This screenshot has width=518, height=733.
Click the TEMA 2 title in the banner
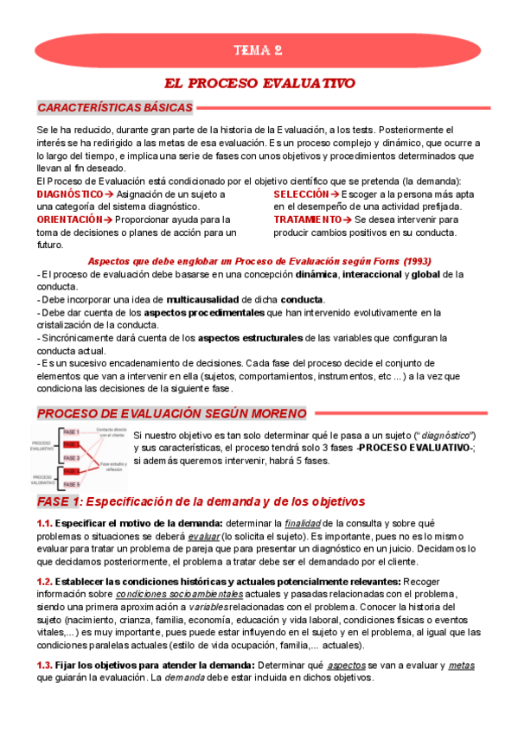(259, 50)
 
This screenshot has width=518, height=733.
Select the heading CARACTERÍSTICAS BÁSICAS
(115, 108)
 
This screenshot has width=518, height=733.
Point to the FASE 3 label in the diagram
(72, 457)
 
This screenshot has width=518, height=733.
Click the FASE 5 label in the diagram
(72, 485)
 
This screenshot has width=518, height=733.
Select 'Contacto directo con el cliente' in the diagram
(112, 433)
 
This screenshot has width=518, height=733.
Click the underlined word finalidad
(309, 523)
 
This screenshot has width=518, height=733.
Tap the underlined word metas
(461, 666)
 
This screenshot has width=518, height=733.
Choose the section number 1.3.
(45, 666)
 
